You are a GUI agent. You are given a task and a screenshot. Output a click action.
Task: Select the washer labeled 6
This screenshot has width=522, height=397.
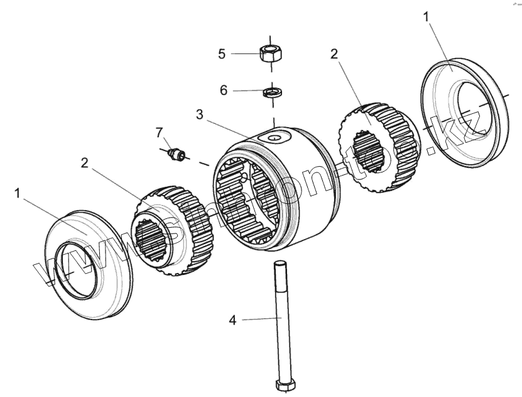click(x=271, y=92)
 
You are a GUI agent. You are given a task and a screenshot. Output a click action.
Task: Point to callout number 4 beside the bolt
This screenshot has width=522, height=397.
click(x=232, y=320)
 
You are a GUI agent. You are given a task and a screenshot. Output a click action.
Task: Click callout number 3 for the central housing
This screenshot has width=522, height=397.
click(x=199, y=114)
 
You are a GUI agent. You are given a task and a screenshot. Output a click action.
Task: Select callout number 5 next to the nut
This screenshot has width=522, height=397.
click(x=222, y=53)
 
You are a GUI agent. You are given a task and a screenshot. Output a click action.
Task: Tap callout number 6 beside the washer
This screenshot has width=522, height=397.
click(x=224, y=90)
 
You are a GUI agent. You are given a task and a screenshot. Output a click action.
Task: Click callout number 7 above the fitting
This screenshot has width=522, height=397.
click(x=160, y=132)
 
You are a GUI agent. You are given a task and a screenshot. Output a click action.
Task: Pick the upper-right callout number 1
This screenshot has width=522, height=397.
click(x=427, y=16)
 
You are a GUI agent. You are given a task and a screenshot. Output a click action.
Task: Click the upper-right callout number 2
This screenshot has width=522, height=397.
click(x=334, y=53)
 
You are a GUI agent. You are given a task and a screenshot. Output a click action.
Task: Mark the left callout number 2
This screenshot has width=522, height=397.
click(x=85, y=163)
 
